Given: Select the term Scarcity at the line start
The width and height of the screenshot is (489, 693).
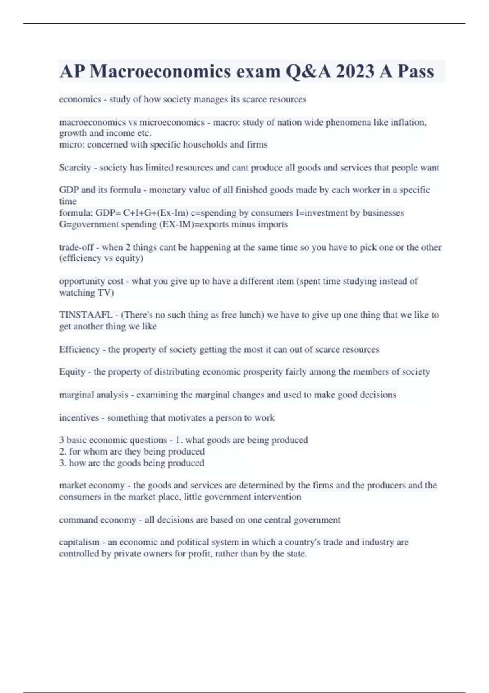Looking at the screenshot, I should pyautogui.click(x=75, y=168).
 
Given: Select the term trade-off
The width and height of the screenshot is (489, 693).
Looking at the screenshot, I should pyautogui.click(x=76, y=247).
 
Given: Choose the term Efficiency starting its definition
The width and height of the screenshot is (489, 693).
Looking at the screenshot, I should pyautogui.click(x=79, y=349).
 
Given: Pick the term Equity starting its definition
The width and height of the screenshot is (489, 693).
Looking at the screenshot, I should pyautogui.click(x=72, y=372).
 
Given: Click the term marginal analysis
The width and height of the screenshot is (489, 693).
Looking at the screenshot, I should pyautogui.click(x=93, y=395).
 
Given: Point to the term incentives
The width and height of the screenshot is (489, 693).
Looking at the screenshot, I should pyautogui.click(x=79, y=418).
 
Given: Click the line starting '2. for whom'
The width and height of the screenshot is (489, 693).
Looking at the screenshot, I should pyautogui.click(x=132, y=452).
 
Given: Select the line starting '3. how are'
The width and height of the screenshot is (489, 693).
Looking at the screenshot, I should pyautogui.click(x=132, y=463).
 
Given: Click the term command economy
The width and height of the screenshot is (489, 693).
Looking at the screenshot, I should pyautogui.click(x=97, y=520).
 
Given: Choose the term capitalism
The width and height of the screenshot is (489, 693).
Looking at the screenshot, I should pyautogui.click(x=79, y=542).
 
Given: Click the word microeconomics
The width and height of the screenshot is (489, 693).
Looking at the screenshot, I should pyautogui.click(x=172, y=122).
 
